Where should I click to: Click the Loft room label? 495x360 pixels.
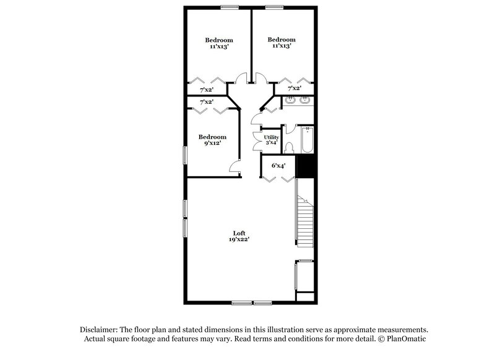point(239,233)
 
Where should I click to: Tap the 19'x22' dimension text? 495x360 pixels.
point(239,239)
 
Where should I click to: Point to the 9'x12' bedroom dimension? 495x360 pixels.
point(212,144)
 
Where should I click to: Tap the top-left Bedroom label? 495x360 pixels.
point(219,40)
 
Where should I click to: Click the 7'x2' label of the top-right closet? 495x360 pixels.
point(294,88)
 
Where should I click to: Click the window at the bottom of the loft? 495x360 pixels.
point(252,302)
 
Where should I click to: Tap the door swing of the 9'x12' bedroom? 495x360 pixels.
point(234,168)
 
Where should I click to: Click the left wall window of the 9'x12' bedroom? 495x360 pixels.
point(184,154)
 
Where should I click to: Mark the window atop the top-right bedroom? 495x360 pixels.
point(274,7)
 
